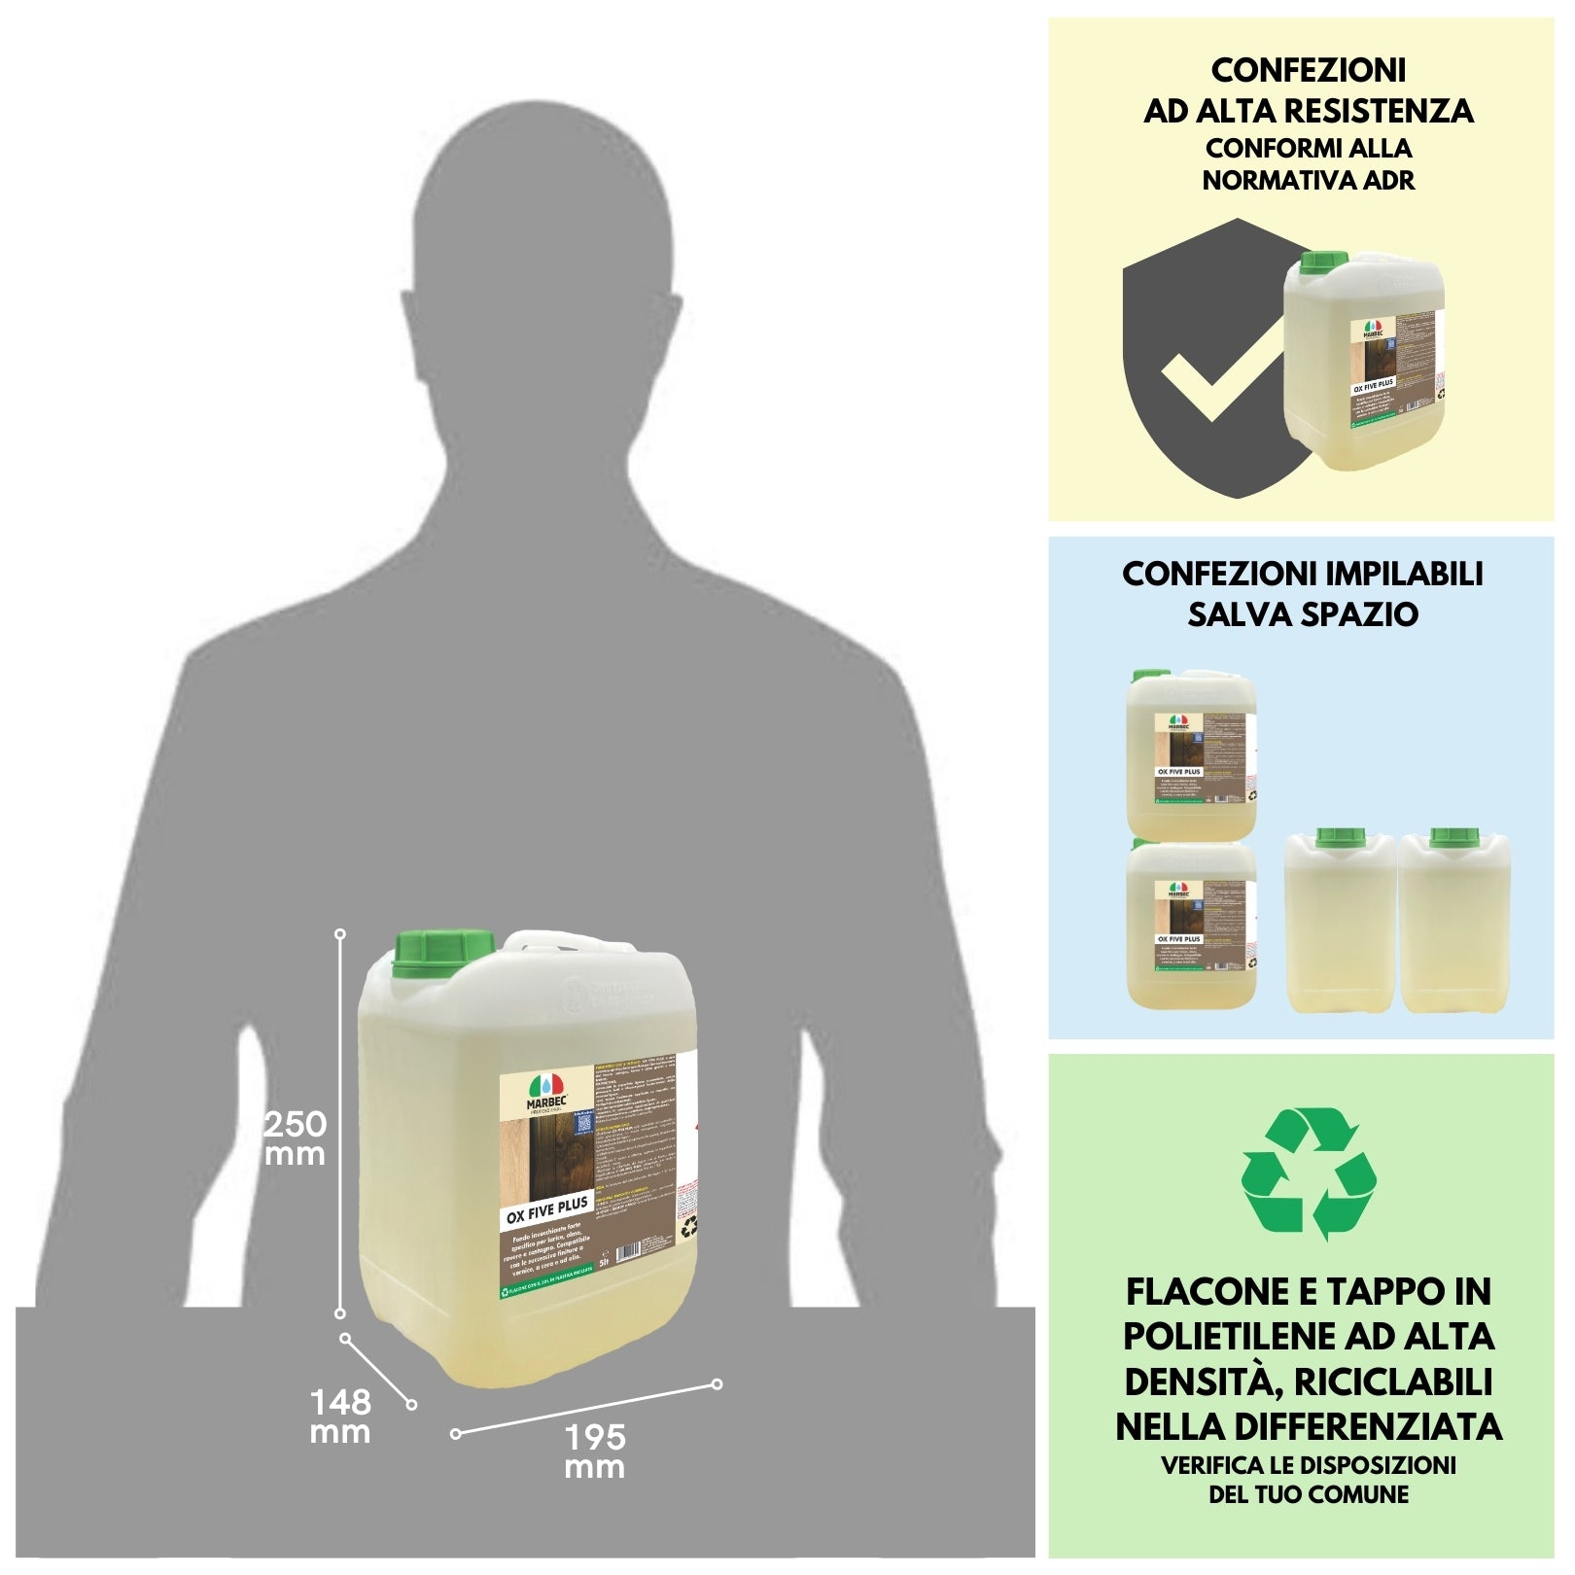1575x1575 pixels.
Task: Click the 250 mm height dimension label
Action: click(x=296, y=1138)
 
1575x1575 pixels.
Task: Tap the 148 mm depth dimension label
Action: click(x=340, y=1417)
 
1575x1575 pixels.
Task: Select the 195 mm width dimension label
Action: click(x=595, y=1452)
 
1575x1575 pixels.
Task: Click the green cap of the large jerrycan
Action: click(x=443, y=956)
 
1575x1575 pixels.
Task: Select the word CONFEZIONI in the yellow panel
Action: click(x=1308, y=70)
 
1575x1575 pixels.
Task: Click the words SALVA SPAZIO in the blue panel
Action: click(x=1302, y=614)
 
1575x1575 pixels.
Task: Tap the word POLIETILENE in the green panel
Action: click(x=1230, y=1337)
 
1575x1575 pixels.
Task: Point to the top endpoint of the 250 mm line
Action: click(x=340, y=933)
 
